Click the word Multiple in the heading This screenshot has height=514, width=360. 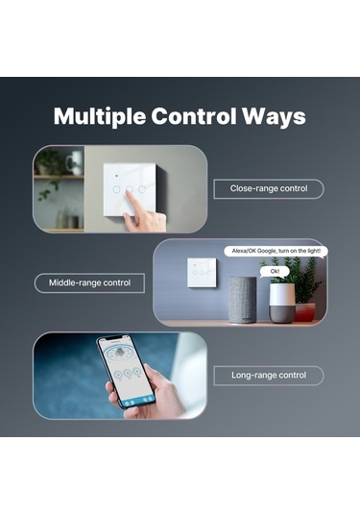click(100, 117)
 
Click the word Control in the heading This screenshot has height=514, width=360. click(194, 116)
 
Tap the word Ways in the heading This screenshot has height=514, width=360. click(274, 117)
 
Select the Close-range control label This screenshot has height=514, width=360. click(269, 189)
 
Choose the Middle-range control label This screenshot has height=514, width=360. click(89, 282)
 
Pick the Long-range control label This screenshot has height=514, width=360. click(269, 376)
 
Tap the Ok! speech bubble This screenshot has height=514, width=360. click(275, 272)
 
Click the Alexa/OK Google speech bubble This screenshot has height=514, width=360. click(276, 251)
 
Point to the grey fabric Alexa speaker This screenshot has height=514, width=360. click(243, 300)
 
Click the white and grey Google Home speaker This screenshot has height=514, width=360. click(282, 304)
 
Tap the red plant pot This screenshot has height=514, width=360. click(305, 312)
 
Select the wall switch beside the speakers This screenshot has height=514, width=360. click(202, 273)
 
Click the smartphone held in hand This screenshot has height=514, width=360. click(126, 372)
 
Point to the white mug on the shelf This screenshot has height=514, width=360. click(74, 163)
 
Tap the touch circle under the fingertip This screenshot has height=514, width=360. click(130, 189)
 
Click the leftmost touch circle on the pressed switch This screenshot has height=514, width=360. click(116, 189)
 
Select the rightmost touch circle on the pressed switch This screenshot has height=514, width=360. click(142, 189)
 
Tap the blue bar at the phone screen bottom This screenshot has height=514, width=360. click(137, 401)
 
